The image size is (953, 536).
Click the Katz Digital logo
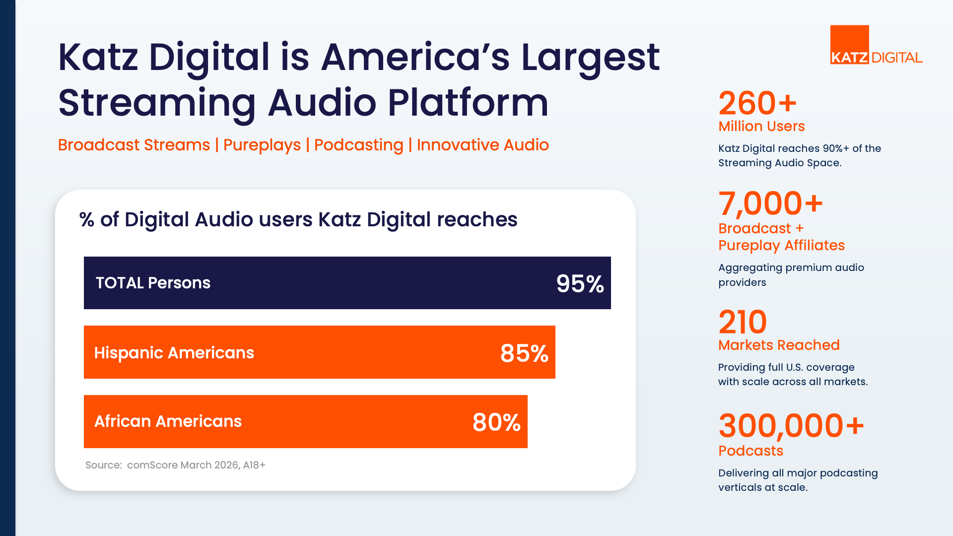point(877,45)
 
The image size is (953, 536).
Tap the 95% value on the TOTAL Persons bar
point(580,284)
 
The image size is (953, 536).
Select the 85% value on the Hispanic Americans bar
point(524,353)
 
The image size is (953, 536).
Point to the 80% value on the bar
point(496,422)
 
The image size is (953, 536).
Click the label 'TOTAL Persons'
point(153,283)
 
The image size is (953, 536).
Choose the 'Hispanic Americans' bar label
point(174,353)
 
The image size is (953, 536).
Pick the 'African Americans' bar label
point(168,421)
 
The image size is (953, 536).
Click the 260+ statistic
point(757,103)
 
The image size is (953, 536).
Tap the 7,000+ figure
point(771,203)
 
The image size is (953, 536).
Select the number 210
point(743,322)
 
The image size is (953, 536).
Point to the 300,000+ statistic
point(791,426)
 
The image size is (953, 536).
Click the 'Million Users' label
point(761,126)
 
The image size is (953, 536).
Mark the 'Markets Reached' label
point(779,345)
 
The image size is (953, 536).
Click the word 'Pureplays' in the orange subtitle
point(262,145)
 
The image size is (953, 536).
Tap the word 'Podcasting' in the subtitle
point(359,145)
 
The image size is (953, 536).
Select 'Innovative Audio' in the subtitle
point(483,145)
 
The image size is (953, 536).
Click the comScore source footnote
point(175,465)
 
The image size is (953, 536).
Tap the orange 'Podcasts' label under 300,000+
point(750,451)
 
